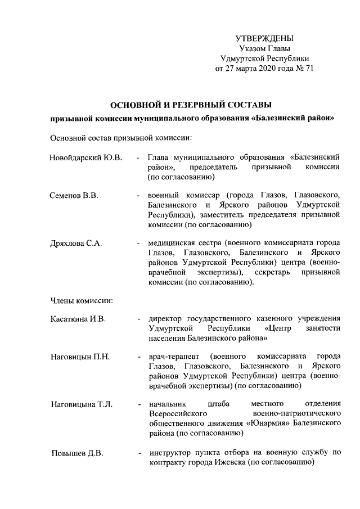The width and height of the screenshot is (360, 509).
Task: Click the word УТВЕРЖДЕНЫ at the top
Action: pos(264,39)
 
